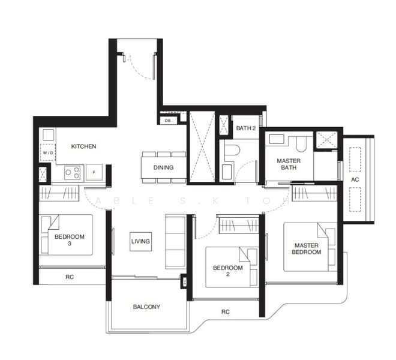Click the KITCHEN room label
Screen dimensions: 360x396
point(83,146)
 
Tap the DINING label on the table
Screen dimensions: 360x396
point(163,167)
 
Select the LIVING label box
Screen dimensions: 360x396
point(140,241)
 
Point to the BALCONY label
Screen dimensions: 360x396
point(146,307)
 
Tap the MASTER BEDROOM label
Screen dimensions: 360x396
point(307,248)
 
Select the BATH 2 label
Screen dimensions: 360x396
point(245,128)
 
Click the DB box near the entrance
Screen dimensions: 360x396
point(167,121)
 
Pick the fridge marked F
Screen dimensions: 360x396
point(94,173)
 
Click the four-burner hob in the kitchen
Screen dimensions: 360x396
point(73,173)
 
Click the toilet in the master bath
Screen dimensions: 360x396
point(302,143)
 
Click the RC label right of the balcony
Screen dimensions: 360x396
point(225,311)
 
